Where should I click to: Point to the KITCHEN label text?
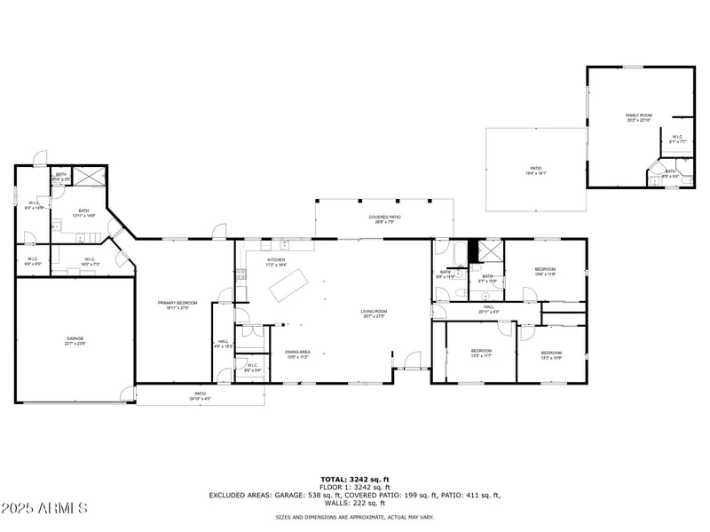(x=276, y=262)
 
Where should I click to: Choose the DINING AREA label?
(x=297, y=353)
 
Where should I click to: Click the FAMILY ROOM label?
(x=638, y=116)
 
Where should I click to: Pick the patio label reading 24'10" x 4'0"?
(x=200, y=396)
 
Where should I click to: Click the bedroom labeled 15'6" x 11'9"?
(x=544, y=271)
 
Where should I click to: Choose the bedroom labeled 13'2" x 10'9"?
(x=551, y=355)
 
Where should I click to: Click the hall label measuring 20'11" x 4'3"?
(x=488, y=308)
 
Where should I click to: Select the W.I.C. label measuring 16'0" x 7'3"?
(x=91, y=261)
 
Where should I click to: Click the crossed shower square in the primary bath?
(x=89, y=175)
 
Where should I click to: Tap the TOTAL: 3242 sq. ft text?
(x=355, y=480)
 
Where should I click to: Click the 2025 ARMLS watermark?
(x=44, y=509)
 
